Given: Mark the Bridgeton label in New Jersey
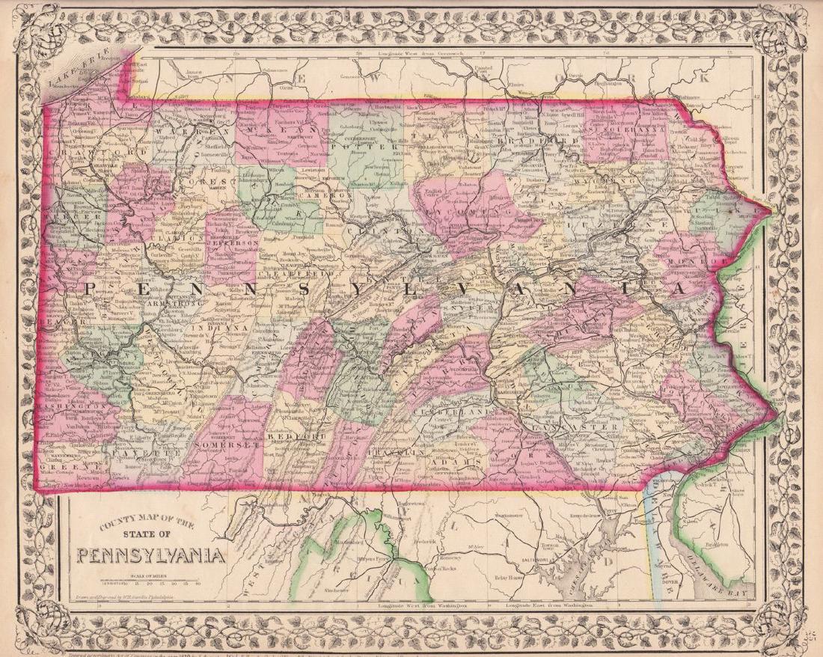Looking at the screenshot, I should (716, 544).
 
